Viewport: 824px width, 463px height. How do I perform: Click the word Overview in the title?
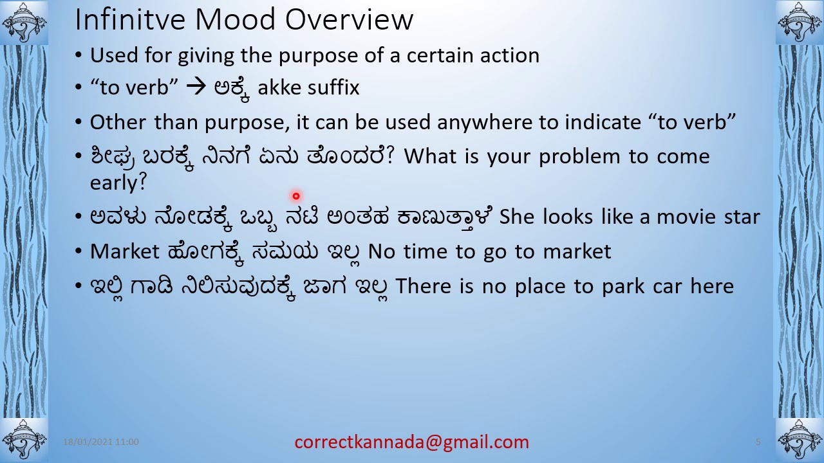click(x=348, y=20)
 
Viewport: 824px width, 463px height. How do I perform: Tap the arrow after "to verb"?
click(x=195, y=87)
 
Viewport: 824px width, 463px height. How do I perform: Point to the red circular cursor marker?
click(x=296, y=196)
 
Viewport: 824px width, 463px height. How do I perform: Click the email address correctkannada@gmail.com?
click(x=411, y=442)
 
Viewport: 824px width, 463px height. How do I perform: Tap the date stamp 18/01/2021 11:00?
click(x=101, y=442)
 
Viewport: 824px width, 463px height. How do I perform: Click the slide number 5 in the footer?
click(x=758, y=442)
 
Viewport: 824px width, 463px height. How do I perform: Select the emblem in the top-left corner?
click(x=24, y=23)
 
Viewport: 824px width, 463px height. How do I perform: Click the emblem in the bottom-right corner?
click(x=800, y=440)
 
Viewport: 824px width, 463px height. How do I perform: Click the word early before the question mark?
click(x=113, y=183)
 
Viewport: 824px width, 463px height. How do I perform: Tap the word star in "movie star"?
click(x=742, y=217)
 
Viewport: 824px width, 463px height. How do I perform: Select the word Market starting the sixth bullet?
click(x=125, y=251)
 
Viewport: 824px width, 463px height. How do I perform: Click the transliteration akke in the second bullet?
click(x=278, y=87)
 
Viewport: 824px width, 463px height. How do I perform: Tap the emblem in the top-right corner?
click(x=800, y=23)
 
